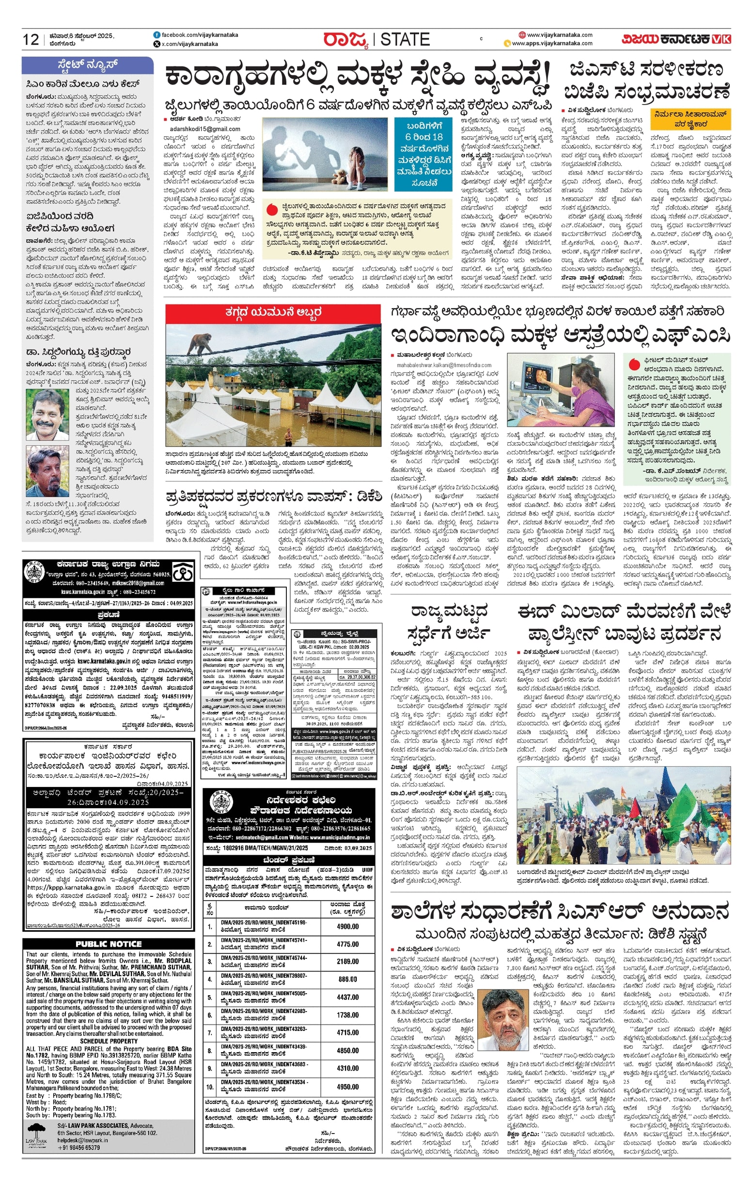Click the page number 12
(x=31, y=39)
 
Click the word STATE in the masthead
(x=405, y=39)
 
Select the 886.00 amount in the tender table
(x=347, y=980)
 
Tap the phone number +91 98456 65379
(x=78, y=1148)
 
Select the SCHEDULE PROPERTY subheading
(x=109, y=1041)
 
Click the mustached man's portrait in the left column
(x=47, y=414)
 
